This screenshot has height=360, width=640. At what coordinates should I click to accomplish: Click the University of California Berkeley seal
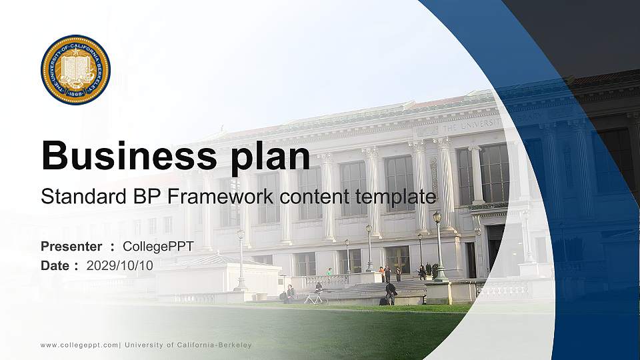pyautogui.click(x=75, y=70)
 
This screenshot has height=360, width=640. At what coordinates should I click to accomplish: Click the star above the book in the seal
pyautogui.click(x=75, y=53)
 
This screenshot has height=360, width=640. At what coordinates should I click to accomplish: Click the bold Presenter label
pyautogui.click(x=71, y=247)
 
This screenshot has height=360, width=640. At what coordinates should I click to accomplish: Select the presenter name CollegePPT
pyautogui.click(x=158, y=247)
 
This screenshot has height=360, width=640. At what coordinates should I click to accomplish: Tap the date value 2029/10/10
pyautogui.click(x=119, y=265)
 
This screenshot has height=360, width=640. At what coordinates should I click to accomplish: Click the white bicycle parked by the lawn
pyautogui.click(x=315, y=298)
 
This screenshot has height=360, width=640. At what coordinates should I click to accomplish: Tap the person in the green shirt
pyautogui.click(x=329, y=272)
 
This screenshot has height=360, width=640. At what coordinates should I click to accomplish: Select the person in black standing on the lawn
pyautogui.click(x=391, y=293)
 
